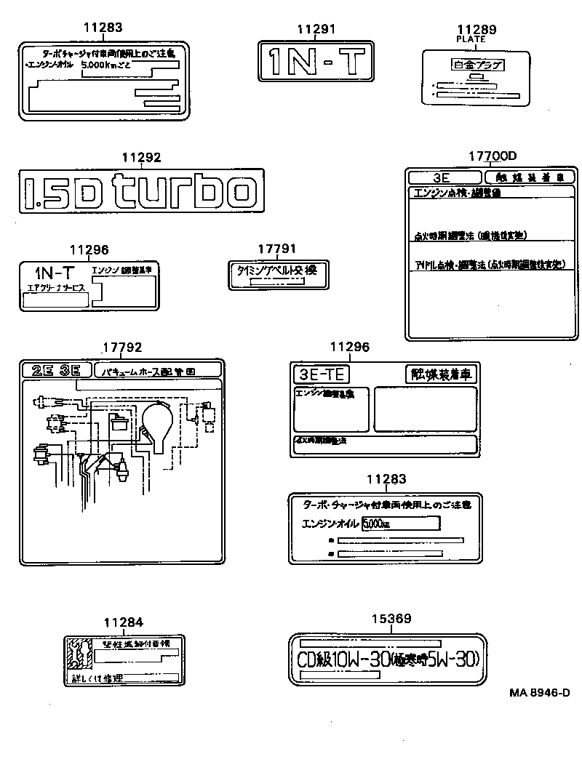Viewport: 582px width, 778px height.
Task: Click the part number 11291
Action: [316, 29]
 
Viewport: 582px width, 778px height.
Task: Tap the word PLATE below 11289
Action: [471, 39]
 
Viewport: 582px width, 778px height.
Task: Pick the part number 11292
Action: [140, 158]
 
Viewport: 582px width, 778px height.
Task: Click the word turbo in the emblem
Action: [186, 191]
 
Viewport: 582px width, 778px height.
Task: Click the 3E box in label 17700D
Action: [445, 177]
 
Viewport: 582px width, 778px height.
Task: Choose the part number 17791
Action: [276, 249]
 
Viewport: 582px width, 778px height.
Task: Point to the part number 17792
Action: [121, 348]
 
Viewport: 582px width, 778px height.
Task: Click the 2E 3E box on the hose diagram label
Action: [57, 370]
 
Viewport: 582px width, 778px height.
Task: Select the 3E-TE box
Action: [321, 374]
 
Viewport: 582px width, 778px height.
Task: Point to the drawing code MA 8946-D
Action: [539, 694]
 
